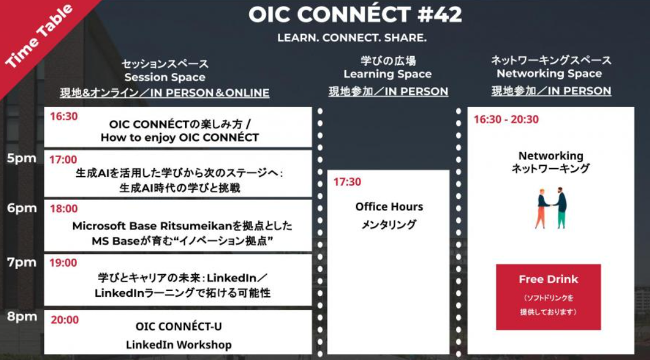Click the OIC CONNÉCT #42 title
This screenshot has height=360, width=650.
[355, 15]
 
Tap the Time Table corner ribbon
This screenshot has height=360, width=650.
[39, 36]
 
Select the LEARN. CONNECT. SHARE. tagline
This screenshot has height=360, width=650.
[352, 38]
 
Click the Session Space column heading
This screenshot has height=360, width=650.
[165, 77]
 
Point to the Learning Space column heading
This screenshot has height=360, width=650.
[387, 74]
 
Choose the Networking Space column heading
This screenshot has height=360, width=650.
[549, 74]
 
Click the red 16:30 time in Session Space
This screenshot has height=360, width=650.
[64, 117]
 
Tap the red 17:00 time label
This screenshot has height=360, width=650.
[63, 159]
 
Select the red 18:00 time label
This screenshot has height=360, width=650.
[64, 209]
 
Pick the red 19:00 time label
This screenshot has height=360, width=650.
[63, 263]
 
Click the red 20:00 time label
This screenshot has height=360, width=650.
[65, 319]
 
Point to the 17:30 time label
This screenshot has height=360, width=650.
[347, 182]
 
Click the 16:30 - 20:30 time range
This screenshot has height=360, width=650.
[506, 119]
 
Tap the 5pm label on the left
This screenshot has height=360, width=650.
[22, 158]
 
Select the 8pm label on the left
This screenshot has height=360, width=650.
[22, 317]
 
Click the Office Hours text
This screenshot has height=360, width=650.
[389, 207]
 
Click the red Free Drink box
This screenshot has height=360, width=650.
[548, 296]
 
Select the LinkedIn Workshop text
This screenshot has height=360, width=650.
[179, 345]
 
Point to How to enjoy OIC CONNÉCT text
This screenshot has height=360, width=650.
[179, 138]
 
